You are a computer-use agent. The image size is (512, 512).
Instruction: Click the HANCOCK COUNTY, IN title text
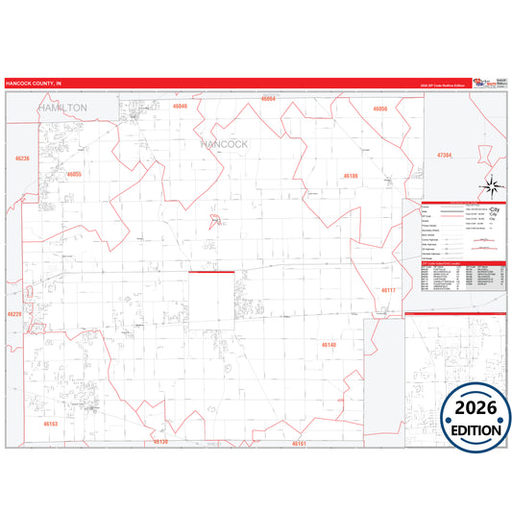pyautogui.click(x=34, y=85)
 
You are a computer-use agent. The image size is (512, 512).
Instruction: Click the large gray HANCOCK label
pyautogui.click(x=225, y=144)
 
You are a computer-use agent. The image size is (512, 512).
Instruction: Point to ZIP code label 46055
pyautogui.click(x=74, y=175)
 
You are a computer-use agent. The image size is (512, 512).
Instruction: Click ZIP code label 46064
pyautogui.click(x=268, y=99)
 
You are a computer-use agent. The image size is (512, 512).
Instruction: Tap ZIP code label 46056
pyautogui.click(x=380, y=110)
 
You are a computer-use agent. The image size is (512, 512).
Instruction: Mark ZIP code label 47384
pyautogui.click(x=444, y=154)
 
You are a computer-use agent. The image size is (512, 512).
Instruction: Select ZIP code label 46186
pyautogui.click(x=351, y=177)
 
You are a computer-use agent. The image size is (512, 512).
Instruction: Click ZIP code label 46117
pyautogui.click(x=388, y=289)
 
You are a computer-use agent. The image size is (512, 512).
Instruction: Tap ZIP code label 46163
pyautogui.click(x=51, y=423)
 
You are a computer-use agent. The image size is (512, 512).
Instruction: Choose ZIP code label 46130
pyautogui.click(x=160, y=442)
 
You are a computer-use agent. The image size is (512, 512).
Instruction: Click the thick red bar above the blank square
pyautogui.click(x=211, y=272)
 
